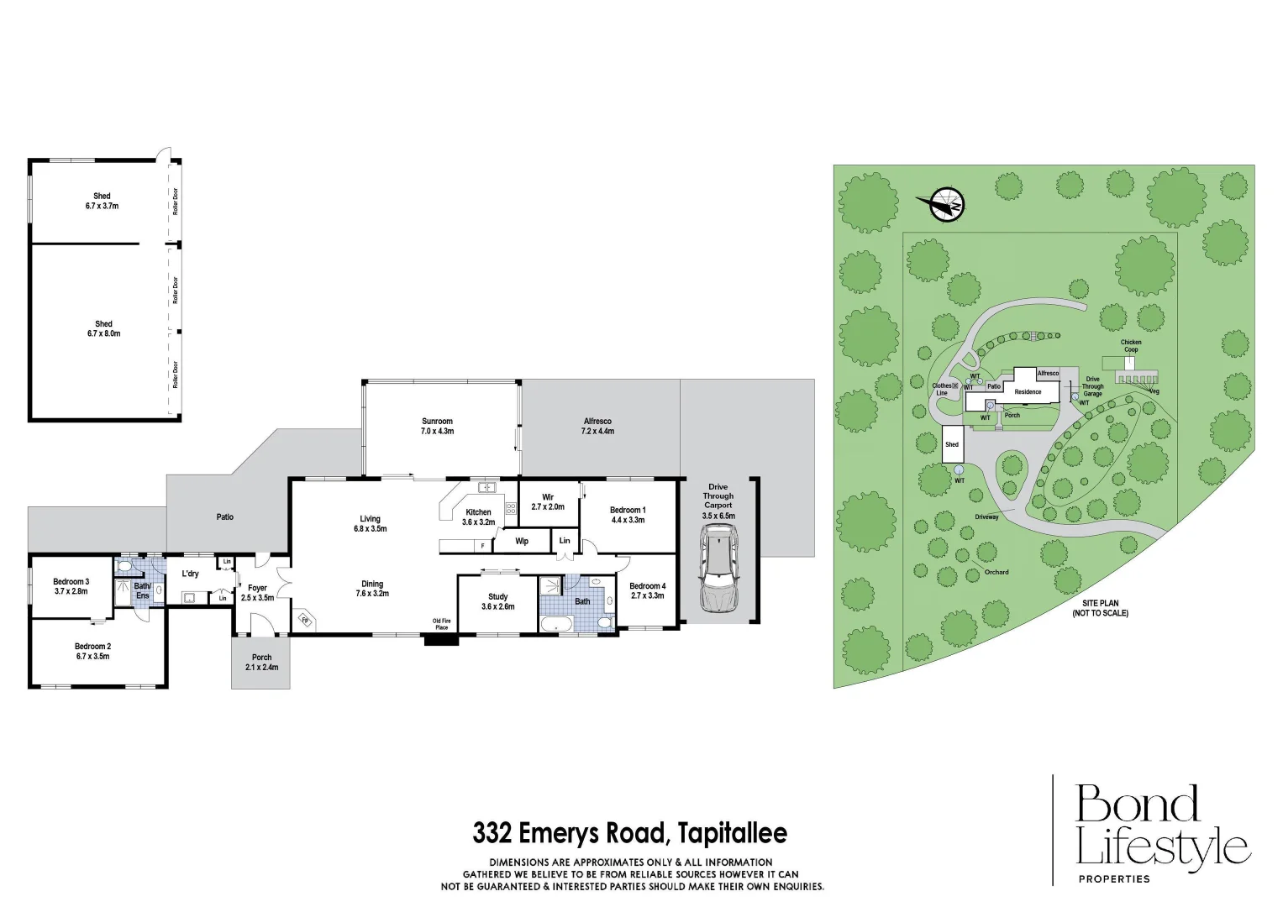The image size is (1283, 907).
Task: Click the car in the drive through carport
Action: point(718,569)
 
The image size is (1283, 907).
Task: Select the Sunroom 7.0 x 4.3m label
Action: point(437,427)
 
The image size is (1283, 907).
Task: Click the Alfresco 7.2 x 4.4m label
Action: point(597,427)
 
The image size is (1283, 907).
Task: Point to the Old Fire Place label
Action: point(441,624)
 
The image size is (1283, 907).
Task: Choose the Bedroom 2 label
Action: point(92,651)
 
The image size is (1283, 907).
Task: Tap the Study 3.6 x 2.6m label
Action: point(498,601)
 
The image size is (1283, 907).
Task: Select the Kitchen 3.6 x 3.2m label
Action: point(478,516)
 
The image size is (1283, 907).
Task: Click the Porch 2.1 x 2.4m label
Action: point(261,662)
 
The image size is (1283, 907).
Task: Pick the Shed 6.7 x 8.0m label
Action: point(103,328)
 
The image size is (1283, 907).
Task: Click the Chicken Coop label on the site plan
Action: point(1131,346)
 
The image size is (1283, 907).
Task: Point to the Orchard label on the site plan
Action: point(996,572)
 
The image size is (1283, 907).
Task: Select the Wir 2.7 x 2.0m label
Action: point(548,502)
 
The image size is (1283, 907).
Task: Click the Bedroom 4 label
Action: point(647,590)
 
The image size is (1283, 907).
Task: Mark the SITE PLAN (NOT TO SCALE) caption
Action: point(1100,608)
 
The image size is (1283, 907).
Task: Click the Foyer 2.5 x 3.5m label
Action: point(257,593)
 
